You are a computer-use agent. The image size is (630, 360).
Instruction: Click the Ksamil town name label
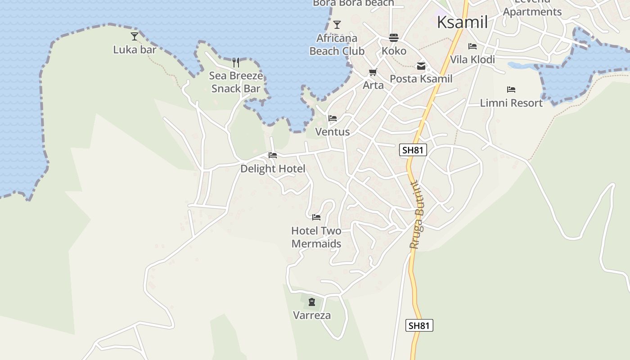point(462,22)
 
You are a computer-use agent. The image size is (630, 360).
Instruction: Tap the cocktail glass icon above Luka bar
point(135,36)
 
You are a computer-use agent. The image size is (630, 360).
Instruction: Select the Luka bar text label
point(135,49)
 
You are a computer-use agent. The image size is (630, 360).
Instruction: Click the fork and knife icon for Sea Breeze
point(236,63)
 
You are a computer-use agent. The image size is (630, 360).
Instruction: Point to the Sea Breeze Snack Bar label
point(236,82)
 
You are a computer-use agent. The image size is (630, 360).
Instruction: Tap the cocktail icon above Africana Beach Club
point(337,25)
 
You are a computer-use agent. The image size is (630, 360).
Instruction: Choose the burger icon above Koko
point(394,38)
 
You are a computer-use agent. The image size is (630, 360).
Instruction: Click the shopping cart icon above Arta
point(373,72)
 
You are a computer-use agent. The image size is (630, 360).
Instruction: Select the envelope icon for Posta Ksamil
point(421,66)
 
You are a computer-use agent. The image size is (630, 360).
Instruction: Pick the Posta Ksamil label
point(421,79)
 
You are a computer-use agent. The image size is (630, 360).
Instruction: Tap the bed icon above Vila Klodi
point(472,46)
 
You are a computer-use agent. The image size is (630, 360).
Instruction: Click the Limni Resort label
point(511,103)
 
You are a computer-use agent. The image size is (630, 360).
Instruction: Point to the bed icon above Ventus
point(333,119)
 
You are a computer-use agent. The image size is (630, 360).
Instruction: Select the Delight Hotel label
point(273,169)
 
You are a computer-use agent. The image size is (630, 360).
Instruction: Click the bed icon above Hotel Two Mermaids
point(316,217)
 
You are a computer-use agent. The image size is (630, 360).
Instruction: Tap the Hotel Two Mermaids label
point(316,237)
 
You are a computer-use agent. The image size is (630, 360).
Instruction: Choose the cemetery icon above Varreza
point(312,302)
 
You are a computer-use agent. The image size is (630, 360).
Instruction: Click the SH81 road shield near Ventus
point(413,150)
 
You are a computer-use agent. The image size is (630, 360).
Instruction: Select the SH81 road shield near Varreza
point(419,325)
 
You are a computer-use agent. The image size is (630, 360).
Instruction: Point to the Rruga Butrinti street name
point(417,215)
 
